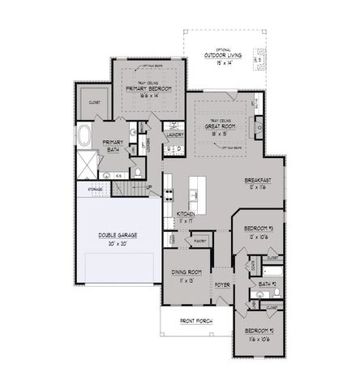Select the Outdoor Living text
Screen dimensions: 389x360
pyautogui.click(x=222, y=57)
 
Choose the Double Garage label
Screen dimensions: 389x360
pyautogui.click(x=118, y=235)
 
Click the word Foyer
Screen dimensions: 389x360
pyautogui.click(x=223, y=284)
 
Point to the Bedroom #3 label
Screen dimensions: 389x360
pyautogui.click(x=261, y=229)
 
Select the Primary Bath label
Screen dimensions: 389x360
pyautogui.click(x=112, y=146)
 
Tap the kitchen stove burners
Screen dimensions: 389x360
pyautogui.click(x=169, y=194)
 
